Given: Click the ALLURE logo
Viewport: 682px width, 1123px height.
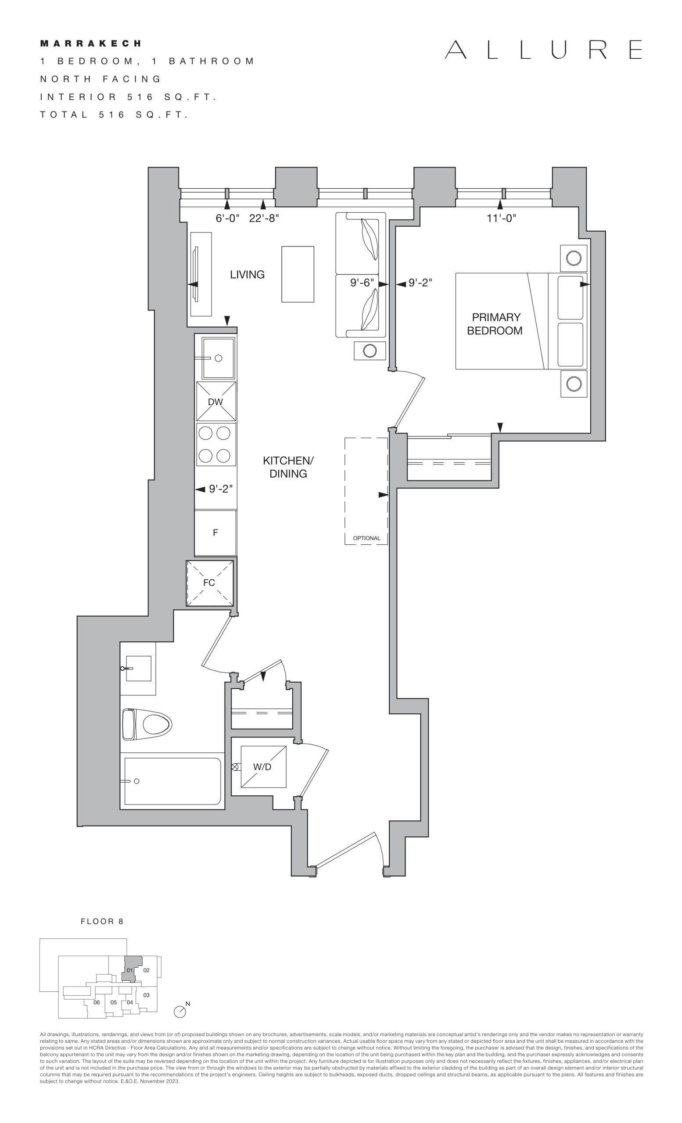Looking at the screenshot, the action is tap(543, 50).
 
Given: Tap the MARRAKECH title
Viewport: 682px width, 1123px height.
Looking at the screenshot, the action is tap(91, 44).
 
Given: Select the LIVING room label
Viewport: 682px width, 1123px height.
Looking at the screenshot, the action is tap(247, 274).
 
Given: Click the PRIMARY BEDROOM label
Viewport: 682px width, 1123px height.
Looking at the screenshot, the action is tap(495, 324).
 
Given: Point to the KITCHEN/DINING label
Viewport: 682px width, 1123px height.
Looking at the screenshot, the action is tap(288, 467).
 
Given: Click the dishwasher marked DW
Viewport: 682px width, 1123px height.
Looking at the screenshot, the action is tap(216, 401).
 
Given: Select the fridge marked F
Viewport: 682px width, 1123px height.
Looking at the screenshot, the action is tap(215, 533).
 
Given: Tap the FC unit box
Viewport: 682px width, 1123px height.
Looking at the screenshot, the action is tap(210, 583).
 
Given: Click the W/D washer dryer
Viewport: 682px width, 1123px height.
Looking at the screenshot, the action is tap(263, 767).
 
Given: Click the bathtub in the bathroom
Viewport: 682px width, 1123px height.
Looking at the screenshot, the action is tap(172, 781).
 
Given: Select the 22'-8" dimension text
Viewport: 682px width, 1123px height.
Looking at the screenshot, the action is tap(264, 218).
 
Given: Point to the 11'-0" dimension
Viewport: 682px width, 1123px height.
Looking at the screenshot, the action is tap(501, 218).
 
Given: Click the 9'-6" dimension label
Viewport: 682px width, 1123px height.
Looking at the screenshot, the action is tap(362, 283).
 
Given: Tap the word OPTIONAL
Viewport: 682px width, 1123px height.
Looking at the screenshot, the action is tap(366, 538).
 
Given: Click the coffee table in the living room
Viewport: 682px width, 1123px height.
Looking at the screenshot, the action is tap(298, 274).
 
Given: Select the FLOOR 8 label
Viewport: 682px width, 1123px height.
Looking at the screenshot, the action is tap(102, 921).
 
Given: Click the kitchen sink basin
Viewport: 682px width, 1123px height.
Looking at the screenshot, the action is tap(219, 358).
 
